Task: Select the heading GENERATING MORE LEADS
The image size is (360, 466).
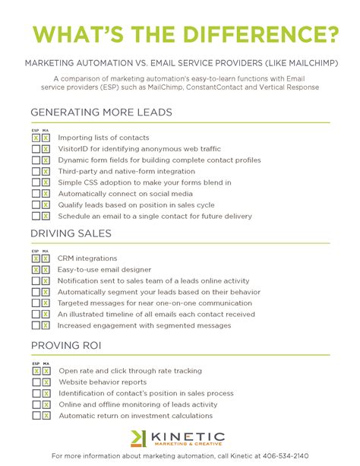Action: pos(101,113)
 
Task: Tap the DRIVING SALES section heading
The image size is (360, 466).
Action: pos(71,233)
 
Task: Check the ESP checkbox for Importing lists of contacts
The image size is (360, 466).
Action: pos(36,138)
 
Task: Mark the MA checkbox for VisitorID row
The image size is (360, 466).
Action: pos(46,150)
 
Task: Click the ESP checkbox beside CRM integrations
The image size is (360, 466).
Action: pos(36,258)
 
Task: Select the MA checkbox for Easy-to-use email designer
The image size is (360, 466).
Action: pos(46,270)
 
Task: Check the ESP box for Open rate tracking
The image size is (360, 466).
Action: pos(36,371)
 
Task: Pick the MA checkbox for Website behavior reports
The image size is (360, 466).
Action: pos(46,382)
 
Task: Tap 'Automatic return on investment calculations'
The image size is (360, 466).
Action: pos(135,416)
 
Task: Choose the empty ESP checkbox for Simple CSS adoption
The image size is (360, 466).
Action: pos(36,183)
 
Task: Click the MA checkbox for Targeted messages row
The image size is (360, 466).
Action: pos(46,303)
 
